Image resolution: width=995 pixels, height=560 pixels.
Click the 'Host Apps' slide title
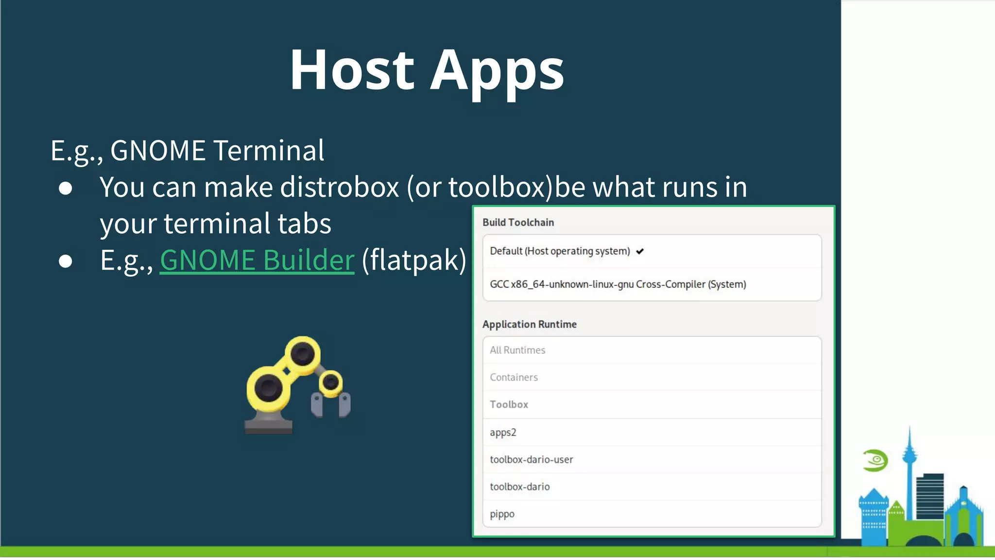click(x=427, y=70)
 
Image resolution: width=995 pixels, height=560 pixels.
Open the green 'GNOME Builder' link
click(x=257, y=260)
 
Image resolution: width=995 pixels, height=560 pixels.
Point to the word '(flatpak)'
click(x=414, y=260)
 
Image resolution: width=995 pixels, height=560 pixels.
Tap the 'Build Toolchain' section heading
click(x=518, y=223)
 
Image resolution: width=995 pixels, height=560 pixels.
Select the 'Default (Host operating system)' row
click(x=560, y=251)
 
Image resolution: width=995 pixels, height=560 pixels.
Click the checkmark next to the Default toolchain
click(x=640, y=251)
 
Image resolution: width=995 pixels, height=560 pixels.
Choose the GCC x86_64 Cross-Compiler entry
click(x=618, y=284)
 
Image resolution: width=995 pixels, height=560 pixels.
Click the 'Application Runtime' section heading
click(x=529, y=324)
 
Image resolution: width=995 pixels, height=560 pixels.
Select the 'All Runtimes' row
click(x=517, y=350)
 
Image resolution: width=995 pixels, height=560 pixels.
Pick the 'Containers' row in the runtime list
click(x=514, y=377)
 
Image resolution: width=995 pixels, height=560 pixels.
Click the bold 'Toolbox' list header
click(x=509, y=404)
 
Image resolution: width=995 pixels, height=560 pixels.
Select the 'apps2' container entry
click(x=503, y=432)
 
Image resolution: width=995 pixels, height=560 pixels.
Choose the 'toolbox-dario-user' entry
click(x=531, y=459)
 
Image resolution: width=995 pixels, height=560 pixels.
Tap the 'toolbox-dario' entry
click(x=519, y=487)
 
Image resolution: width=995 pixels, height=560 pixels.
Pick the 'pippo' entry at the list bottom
click(x=502, y=514)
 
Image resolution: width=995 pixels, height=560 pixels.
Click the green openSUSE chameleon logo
click(x=875, y=460)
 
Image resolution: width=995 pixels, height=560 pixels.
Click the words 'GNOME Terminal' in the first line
click(x=217, y=151)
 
